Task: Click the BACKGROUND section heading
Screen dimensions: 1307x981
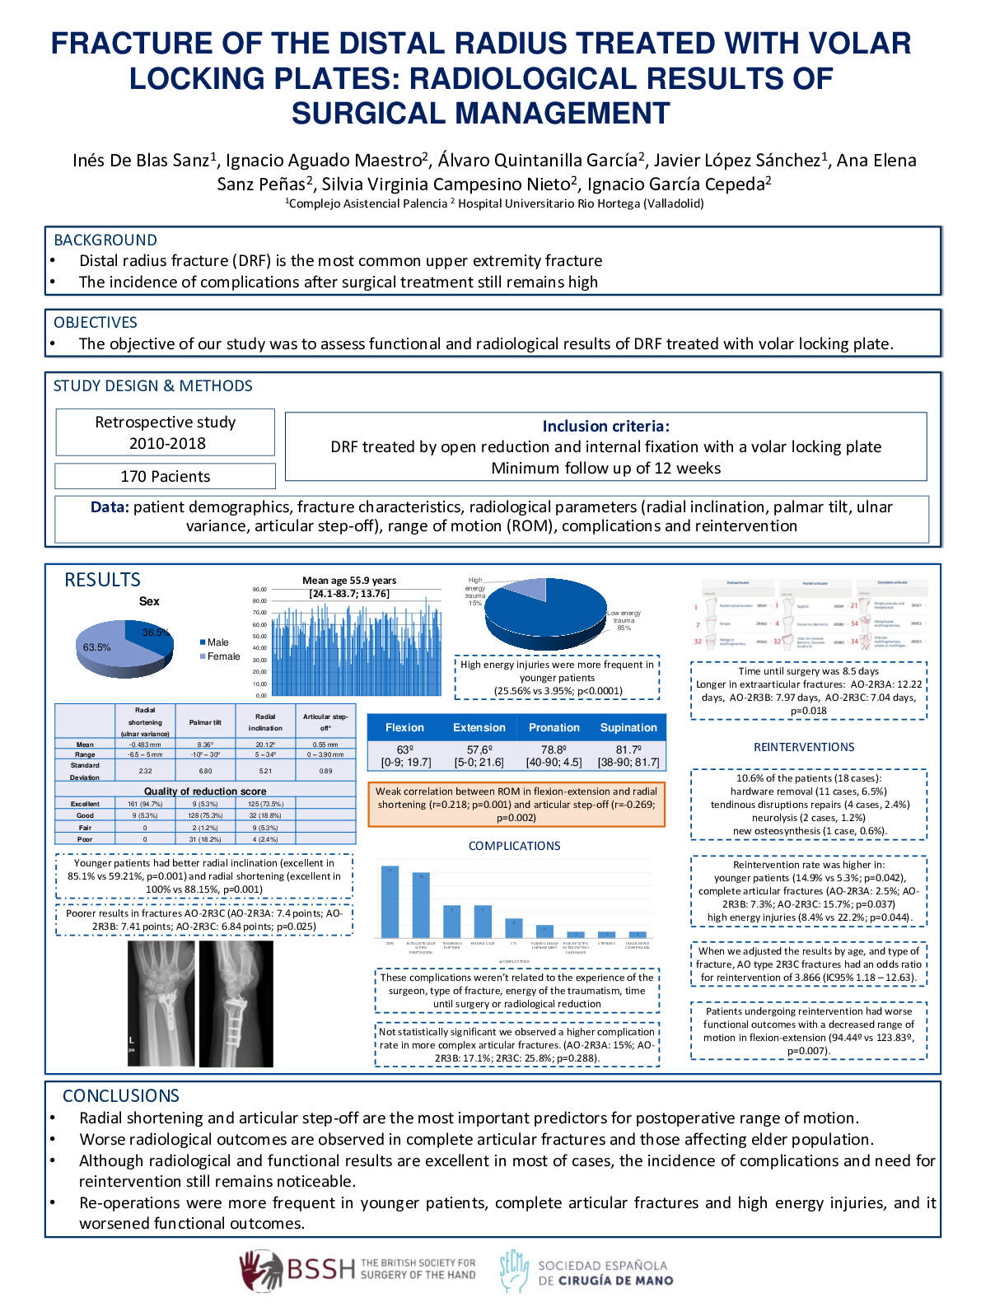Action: click(x=105, y=240)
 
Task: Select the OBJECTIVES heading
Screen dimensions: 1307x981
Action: click(x=96, y=323)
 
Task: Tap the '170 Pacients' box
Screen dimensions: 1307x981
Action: click(x=165, y=476)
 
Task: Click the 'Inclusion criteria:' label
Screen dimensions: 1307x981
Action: click(x=605, y=426)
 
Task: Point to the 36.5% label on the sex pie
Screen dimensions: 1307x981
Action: click(x=155, y=632)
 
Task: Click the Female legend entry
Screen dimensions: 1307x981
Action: click(x=222, y=656)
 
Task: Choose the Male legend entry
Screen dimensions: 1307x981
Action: click(x=217, y=642)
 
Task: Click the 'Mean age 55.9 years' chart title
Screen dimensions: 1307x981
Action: click(x=349, y=581)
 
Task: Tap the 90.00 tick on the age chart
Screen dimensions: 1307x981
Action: click(x=259, y=590)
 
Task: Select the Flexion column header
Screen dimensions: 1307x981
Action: click(x=404, y=727)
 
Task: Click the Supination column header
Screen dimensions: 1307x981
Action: click(x=628, y=727)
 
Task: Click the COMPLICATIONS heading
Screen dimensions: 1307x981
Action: click(x=514, y=846)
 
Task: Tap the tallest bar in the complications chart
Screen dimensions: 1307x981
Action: click(x=390, y=902)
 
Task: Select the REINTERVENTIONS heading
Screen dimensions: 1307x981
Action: click(x=804, y=747)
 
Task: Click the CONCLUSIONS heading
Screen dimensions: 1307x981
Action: click(x=121, y=1096)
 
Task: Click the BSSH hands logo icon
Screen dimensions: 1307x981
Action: click(x=261, y=1270)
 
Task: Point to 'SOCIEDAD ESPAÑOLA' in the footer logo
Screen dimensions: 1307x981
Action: click(x=602, y=1266)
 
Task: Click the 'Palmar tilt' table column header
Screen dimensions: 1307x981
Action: click(x=205, y=722)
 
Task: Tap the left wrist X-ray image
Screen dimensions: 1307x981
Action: click(x=161, y=1003)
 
